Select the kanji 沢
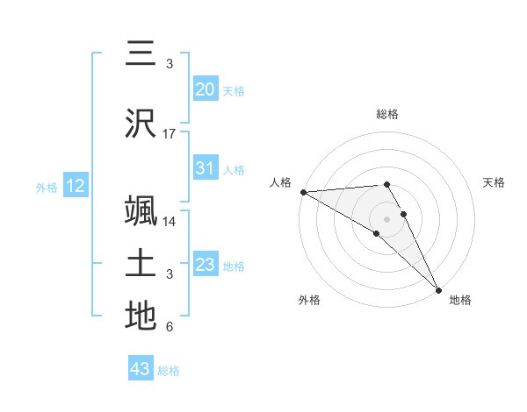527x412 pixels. click(x=141, y=124)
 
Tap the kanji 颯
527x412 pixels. click(x=141, y=210)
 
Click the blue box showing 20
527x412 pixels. click(x=206, y=89)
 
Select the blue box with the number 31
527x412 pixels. click(x=206, y=168)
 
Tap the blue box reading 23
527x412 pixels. click(x=206, y=265)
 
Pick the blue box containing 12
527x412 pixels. click(x=76, y=186)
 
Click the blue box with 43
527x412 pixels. click(x=141, y=369)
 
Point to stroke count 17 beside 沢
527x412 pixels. click(x=170, y=134)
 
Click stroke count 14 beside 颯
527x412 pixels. click(x=170, y=222)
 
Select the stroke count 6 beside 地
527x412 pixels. click(x=170, y=327)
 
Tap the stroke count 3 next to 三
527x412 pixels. click(x=170, y=64)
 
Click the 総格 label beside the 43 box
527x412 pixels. click(x=169, y=371)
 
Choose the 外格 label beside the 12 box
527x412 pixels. click(x=47, y=187)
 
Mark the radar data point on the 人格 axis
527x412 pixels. click(x=303, y=192)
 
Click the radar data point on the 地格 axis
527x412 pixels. click(x=438, y=288)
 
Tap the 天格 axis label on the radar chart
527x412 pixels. click(x=495, y=182)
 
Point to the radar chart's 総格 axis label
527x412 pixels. click(x=387, y=114)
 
